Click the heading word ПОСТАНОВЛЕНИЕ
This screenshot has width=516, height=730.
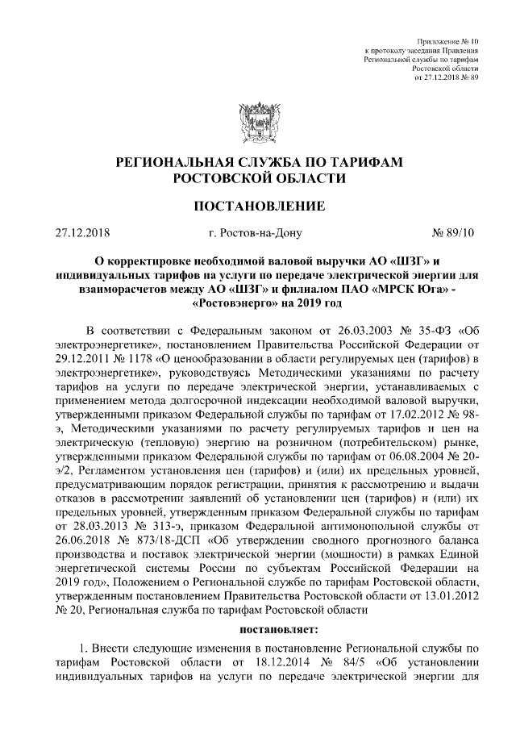coord(258,206)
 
